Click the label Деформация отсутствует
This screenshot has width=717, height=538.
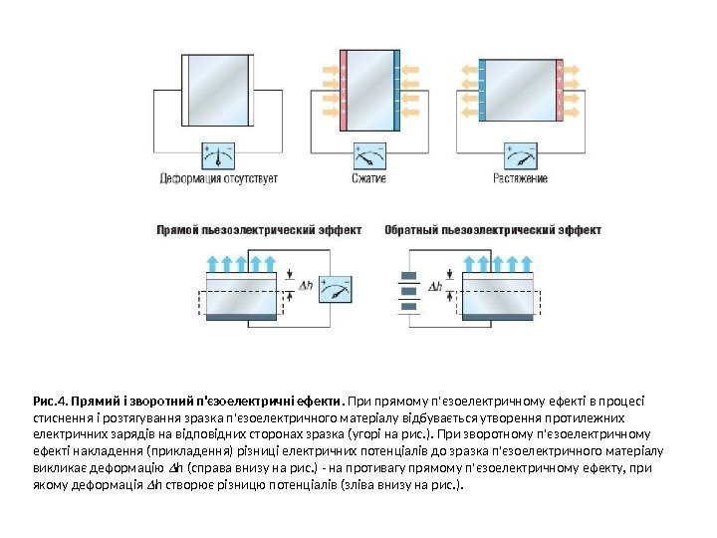tap(219, 179)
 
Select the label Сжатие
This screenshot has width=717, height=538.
tap(368, 179)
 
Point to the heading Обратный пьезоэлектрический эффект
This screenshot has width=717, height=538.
tap(493, 229)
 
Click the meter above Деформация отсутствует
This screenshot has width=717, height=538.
tap(219, 154)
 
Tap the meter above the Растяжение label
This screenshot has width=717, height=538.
tap(521, 154)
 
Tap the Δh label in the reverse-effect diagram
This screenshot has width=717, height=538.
tap(435, 287)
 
